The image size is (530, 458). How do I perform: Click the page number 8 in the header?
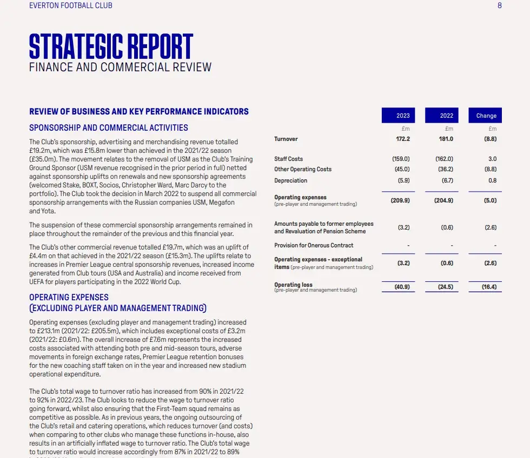coord(500,5)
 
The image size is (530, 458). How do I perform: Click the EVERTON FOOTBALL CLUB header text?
coord(71,5)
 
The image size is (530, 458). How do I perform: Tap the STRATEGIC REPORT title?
coord(111,46)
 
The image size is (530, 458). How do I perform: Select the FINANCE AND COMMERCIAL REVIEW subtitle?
coord(120,68)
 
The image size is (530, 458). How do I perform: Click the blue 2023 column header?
coord(403,116)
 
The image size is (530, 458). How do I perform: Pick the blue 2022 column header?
coord(447,116)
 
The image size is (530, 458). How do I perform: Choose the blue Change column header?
coord(486,116)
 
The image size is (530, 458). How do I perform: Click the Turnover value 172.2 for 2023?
coord(403,139)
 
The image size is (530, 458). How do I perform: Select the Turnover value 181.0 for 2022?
coord(446,139)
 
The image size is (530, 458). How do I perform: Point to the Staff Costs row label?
coord(288,159)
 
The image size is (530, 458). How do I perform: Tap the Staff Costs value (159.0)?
coord(401,159)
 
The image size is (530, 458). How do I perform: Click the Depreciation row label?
coord(290,180)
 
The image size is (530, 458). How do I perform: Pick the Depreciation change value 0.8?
coord(492,180)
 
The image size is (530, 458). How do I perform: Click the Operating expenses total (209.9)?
coord(400,200)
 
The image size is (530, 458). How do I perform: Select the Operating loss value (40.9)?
coord(401,287)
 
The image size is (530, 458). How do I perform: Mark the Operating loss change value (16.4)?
coord(489,287)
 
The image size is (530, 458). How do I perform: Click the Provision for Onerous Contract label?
coord(314,245)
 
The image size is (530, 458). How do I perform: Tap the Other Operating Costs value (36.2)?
coord(444,169)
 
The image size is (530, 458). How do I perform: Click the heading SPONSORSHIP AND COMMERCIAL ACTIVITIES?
coord(109,128)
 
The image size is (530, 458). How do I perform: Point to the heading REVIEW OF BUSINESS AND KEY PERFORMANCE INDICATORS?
coord(139,112)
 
